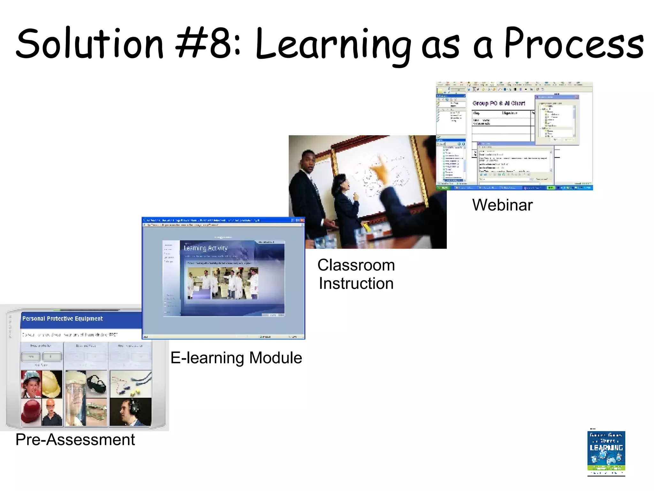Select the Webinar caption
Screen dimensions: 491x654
502,205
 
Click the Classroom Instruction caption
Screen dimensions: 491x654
356,274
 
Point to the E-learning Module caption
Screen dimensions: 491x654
236,358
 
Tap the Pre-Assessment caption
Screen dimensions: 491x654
75,440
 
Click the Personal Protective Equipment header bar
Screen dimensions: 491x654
80,319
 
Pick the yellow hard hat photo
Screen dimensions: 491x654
52,384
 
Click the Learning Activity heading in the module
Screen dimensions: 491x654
206,248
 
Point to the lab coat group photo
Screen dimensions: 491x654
223,283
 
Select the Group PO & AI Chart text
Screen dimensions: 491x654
498,103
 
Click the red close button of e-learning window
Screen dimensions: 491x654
302,220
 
